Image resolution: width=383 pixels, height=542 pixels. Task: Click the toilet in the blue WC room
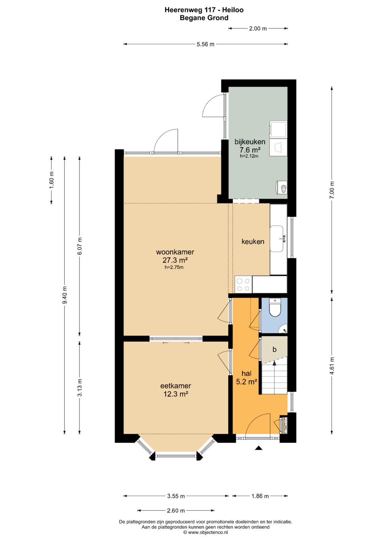point(275,308)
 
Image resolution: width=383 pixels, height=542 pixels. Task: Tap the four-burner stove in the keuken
point(243,285)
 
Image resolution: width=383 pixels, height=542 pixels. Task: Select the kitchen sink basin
point(277,239)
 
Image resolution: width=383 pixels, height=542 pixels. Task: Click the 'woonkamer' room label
point(175,252)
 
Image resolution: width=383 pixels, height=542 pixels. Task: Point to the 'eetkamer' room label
point(176,386)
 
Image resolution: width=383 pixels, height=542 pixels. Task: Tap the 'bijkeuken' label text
point(250,142)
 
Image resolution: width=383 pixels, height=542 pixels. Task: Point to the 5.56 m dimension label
point(206,44)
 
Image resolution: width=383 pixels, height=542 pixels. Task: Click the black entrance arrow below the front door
point(259,448)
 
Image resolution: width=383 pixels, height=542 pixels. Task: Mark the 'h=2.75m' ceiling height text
point(174,267)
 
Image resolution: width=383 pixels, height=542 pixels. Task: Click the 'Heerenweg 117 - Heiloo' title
point(204,10)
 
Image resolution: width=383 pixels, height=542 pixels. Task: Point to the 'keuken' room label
point(253,241)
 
